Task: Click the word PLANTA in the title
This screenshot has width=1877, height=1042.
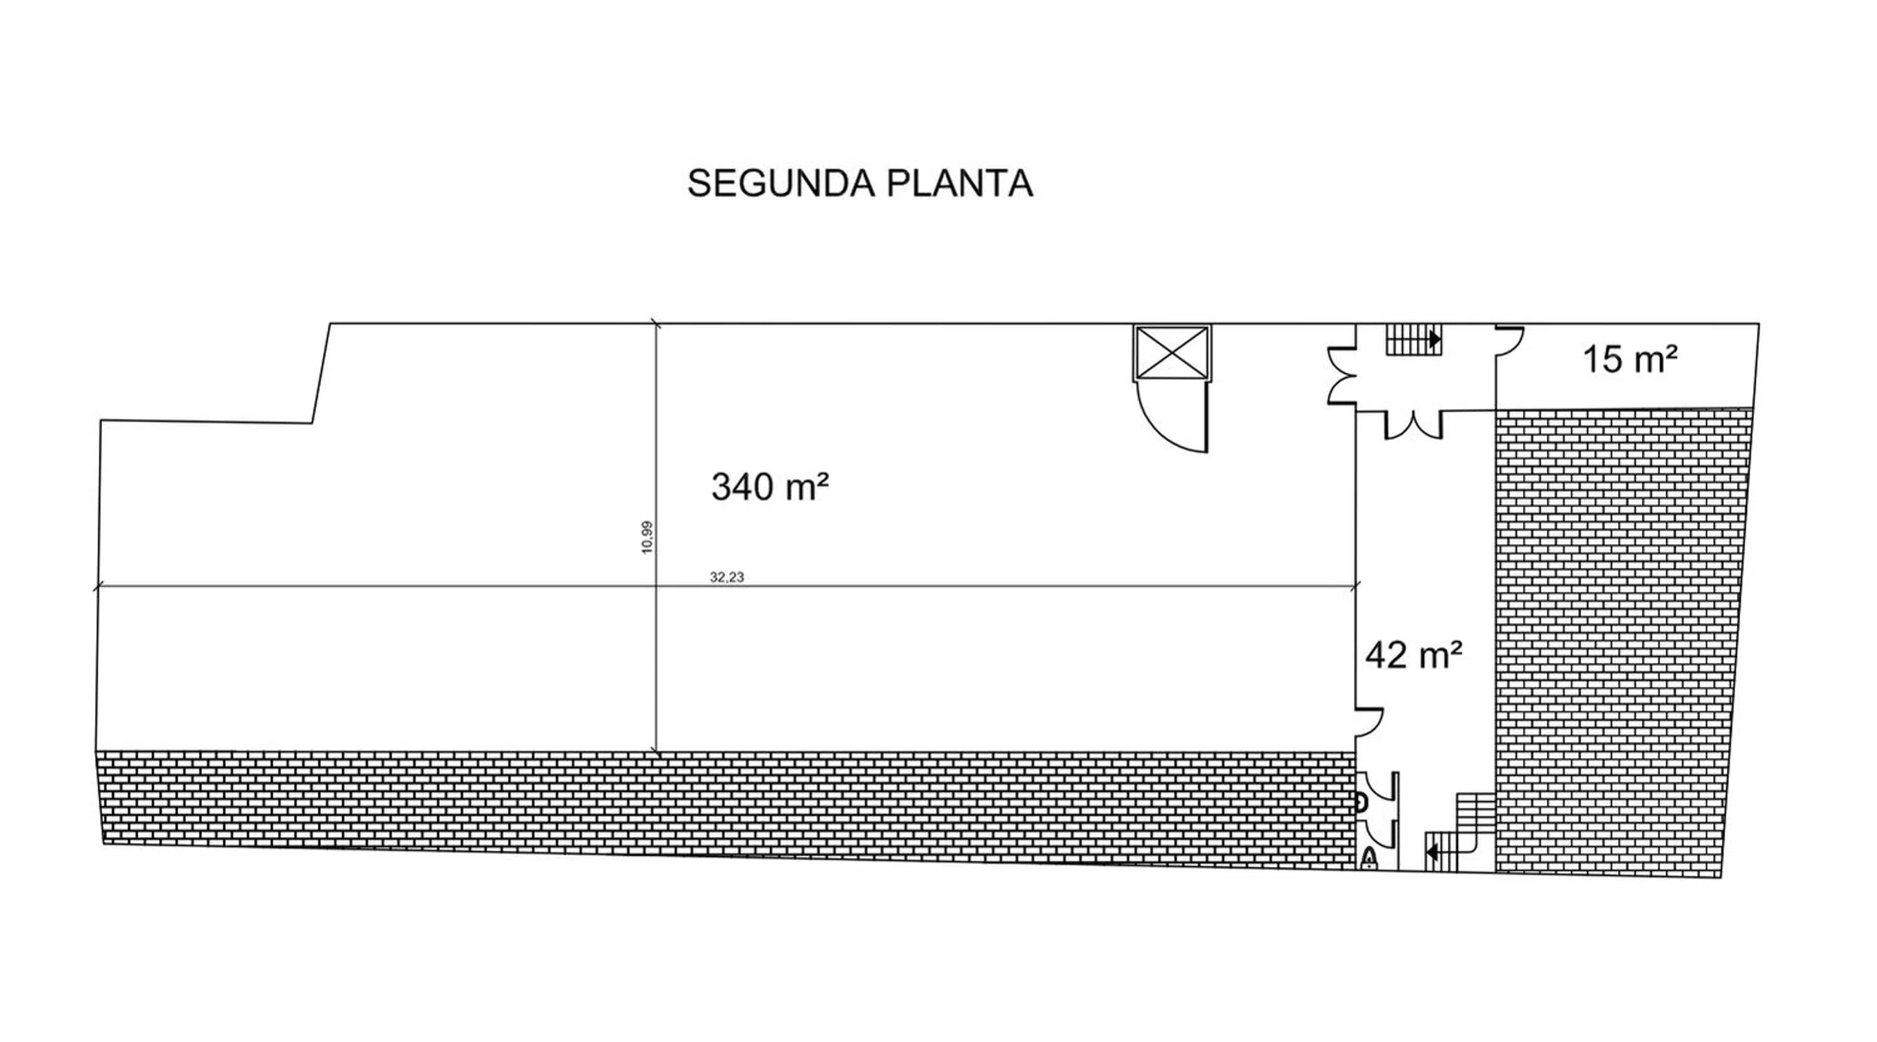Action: click(x=960, y=183)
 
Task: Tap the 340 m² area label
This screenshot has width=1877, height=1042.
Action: click(x=770, y=486)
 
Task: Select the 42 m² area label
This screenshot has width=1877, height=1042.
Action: click(x=1413, y=654)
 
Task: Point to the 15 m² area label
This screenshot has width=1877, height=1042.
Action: click(x=1631, y=359)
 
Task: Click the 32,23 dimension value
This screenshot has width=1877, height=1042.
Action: click(x=726, y=577)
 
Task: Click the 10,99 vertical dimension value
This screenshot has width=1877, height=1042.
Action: click(x=647, y=538)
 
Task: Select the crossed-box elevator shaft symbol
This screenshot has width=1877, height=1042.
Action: click(x=1172, y=353)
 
